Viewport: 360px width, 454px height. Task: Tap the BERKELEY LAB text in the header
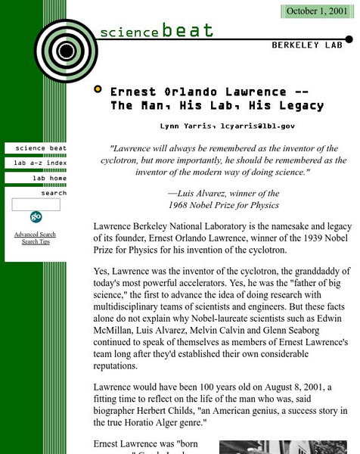(306, 45)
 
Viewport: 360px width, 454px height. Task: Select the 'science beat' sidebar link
(41, 148)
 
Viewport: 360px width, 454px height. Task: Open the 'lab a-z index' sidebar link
(41, 163)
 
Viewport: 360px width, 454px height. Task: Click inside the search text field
(36, 204)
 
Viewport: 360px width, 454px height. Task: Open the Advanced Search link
(35, 235)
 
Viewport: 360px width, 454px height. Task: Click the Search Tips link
(36, 242)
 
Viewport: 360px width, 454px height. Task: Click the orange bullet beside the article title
(98, 89)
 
